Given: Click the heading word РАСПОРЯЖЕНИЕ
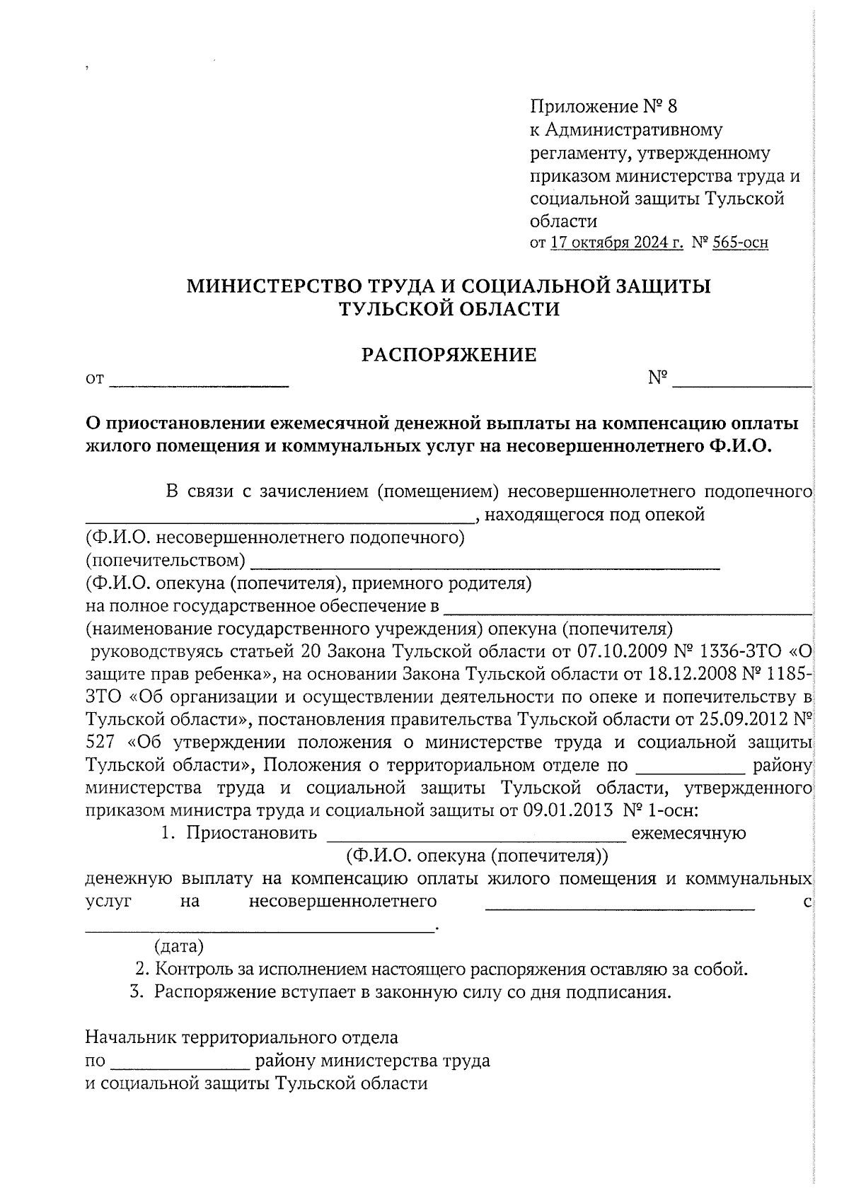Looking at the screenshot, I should (449, 355).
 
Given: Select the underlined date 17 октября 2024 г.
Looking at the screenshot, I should (616, 243).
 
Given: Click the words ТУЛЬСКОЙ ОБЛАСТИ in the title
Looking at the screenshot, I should (449, 309).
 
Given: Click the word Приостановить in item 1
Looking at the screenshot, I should (251, 832).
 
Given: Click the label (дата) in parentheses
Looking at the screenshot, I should (179, 946).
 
